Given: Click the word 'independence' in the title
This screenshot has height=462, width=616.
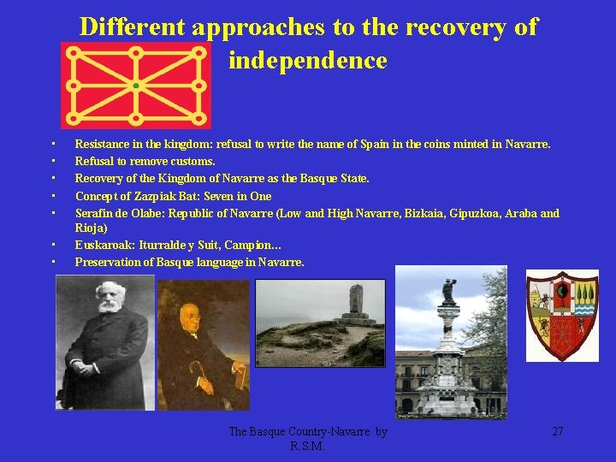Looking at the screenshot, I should click(x=307, y=61).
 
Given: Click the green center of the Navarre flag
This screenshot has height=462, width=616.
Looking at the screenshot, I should click(x=136, y=86).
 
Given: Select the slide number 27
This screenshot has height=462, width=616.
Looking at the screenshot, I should click(x=557, y=432).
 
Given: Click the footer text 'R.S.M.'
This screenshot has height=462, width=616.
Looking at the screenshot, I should click(x=307, y=447).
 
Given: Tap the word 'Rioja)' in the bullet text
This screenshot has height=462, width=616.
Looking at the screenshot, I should click(x=91, y=228).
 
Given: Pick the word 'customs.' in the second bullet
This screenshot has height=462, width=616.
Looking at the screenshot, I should click(x=193, y=161).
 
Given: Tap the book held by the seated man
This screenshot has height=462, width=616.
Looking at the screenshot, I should click(x=239, y=376).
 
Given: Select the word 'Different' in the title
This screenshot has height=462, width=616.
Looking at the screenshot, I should click(x=133, y=27).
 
